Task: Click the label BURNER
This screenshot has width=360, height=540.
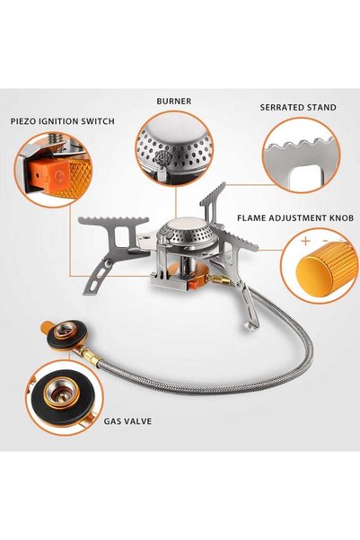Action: coord(174,102)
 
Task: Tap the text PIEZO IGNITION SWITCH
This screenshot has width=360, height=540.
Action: coord(62,121)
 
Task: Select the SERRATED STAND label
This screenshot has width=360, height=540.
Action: coord(298,107)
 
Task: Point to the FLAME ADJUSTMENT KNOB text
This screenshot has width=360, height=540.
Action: coord(295,218)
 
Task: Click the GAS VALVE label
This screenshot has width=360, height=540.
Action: coord(127,421)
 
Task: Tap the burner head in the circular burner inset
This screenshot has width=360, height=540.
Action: coord(174,145)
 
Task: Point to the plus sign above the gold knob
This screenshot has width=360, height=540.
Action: coord(305,240)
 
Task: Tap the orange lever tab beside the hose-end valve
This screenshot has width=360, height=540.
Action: coord(46,327)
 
